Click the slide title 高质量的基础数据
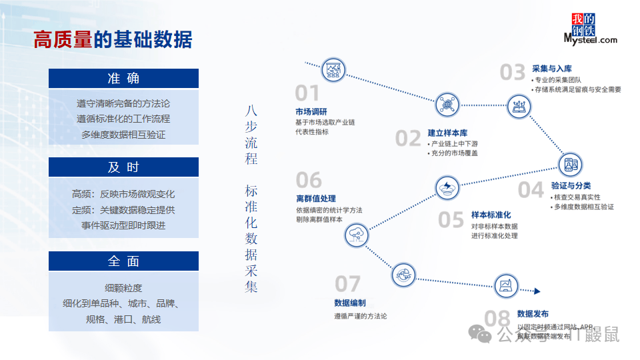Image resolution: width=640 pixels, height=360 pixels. [113, 39]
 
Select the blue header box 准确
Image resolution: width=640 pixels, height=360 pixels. [123, 78]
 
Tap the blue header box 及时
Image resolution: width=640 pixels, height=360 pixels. [123, 167]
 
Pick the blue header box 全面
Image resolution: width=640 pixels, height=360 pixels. [123, 261]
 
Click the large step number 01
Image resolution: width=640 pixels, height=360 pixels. [307, 93]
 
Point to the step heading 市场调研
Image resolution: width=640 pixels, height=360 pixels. [311, 111]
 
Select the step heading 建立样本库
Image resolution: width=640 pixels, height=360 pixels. [448, 133]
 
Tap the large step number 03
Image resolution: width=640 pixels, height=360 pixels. [513, 72]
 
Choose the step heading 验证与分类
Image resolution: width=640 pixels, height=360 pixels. [571, 185]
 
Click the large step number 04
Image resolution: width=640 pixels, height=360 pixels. [531, 190]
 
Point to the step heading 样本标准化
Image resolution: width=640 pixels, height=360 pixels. [491, 215]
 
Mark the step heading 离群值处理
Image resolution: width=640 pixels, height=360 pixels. [316, 199]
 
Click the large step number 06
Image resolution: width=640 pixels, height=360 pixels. [309, 180]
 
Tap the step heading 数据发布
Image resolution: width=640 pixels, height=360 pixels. [533, 313]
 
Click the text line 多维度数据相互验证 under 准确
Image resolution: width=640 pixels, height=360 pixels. [123, 134]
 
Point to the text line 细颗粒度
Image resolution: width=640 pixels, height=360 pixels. [123, 288]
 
